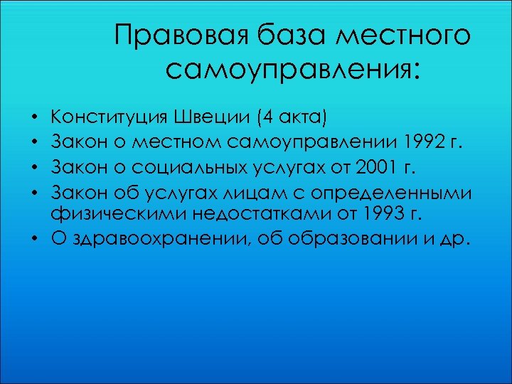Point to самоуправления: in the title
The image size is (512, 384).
coord(292,69)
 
